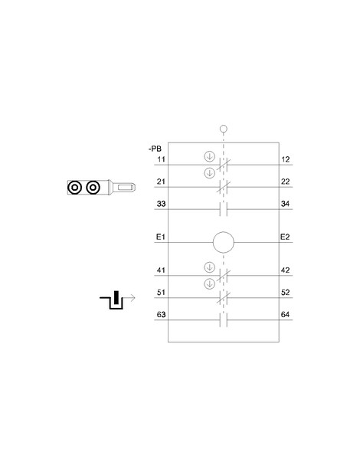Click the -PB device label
(155, 149)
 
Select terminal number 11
(161, 159)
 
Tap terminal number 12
(286, 159)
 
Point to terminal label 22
(286, 182)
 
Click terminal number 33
(161, 204)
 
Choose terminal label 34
(286, 204)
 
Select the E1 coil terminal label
(161, 237)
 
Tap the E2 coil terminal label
(285, 237)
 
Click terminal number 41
(161, 270)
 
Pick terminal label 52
(286, 292)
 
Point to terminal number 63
(161, 315)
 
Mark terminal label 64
(286, 315)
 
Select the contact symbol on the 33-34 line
(224, 209)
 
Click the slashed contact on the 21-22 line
(224, 187)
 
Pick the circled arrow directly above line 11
(210, 156)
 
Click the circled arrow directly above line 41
(210, 267)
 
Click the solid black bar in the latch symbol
(116, 297)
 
